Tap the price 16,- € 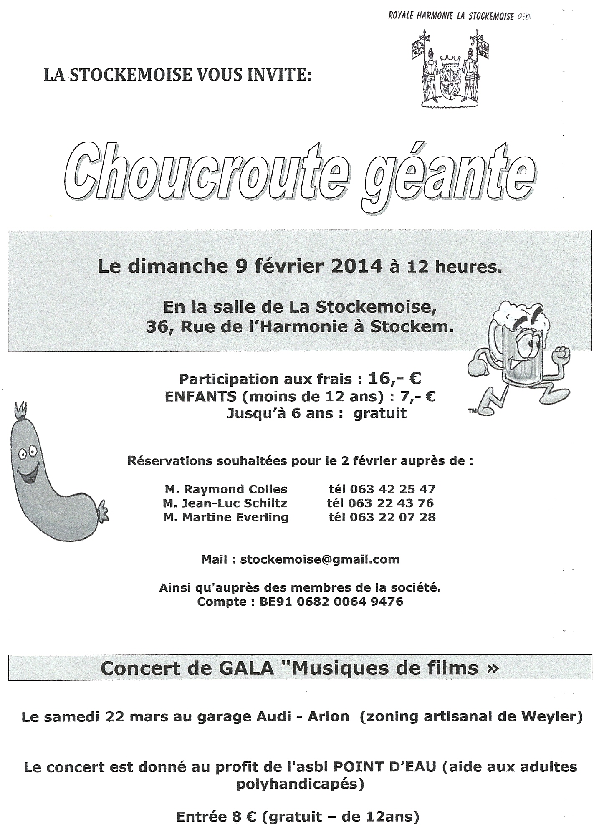click(394, 378)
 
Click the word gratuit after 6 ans click(380, 413)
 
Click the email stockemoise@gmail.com click(319, 559)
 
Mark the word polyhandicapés click(300, 785)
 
